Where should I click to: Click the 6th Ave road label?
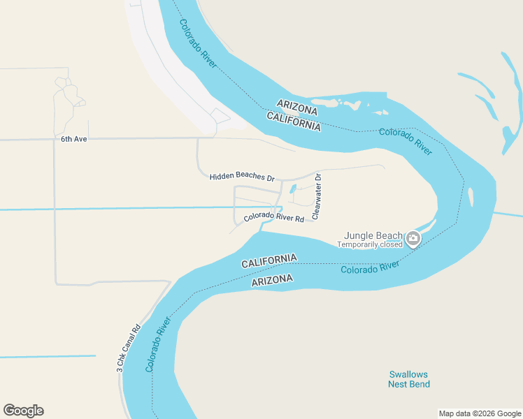[x=73, y=139]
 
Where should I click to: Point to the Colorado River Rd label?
[x=274, y=218]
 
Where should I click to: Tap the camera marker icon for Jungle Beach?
[x=413, y=240]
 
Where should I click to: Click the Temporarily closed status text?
[x=370, y=245]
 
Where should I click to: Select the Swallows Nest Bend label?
[x=409, y=379]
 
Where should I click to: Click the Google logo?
[x=24, y=411]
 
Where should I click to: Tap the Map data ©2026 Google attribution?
[x=480, y=413]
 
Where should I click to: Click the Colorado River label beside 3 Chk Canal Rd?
[x=159, y=345]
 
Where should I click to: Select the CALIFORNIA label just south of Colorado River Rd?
[x=269, y=261]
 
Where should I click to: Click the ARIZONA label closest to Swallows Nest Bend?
[x=272, y=280]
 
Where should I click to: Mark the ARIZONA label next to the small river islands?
[x=297, y=107]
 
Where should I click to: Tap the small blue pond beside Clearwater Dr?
[x=292, y=189]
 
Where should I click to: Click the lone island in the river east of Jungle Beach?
[x=471, y=197]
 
